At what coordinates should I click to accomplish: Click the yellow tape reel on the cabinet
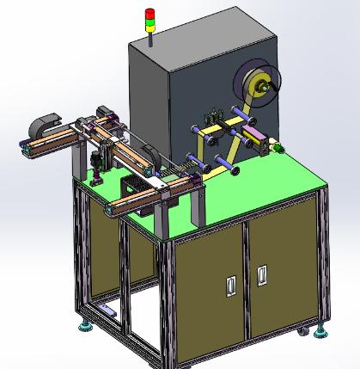tap(257, 85)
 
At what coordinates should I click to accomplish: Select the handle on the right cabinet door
tap(262, 274)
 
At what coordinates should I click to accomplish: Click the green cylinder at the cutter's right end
tap(278, 150)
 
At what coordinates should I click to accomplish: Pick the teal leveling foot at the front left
tap(86, 325)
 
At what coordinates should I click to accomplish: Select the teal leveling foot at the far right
tap(321, 329)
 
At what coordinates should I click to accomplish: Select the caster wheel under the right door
tap(301, 331)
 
